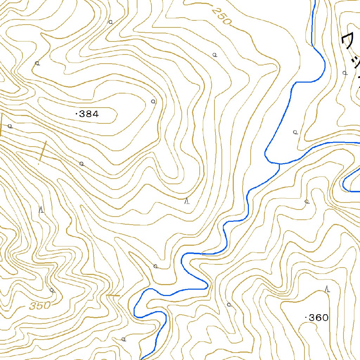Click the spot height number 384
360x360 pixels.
click(x=89, y=114)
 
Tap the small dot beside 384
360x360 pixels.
click(x=76, y=114)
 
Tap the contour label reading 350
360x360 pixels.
click(x=40, y=306)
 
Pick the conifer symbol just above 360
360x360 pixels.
click(x=328, y=289)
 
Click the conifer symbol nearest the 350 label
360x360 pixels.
click(x=41, y=210)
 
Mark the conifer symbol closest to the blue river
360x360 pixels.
click(x=187, y=201)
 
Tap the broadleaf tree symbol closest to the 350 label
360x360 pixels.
click(x=52, y=290)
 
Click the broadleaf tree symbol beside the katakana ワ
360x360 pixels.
click(x=345, y=73)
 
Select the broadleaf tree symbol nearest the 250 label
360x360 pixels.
click(x=214, y=54)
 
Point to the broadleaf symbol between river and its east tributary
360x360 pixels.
click(x=295, y=132)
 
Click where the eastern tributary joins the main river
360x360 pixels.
click(x=279, y=164)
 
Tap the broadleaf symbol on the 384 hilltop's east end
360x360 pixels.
click(x=153, y=101)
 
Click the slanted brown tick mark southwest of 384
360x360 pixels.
click(x=43, y=151)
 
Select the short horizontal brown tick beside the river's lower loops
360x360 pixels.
click(x=114, y=296)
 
